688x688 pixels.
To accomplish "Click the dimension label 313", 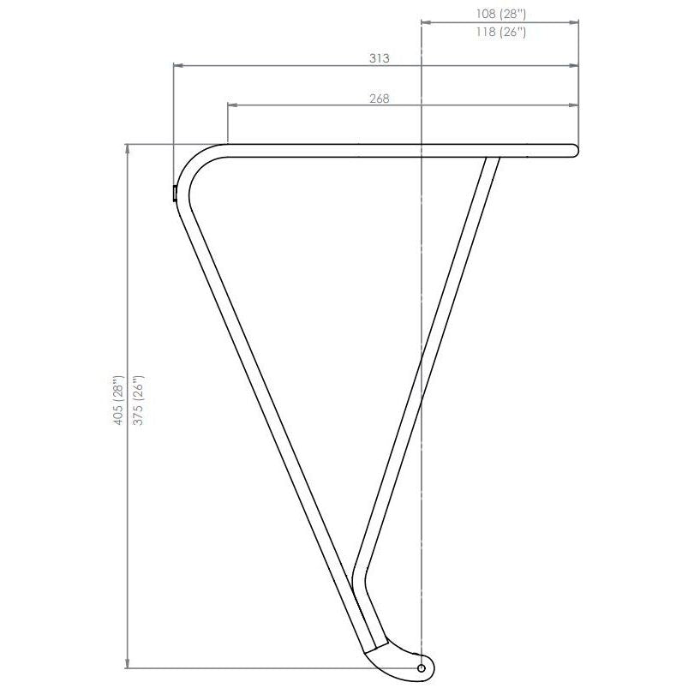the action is (x=379, y=58).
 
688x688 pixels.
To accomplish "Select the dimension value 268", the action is (x=379, y=99).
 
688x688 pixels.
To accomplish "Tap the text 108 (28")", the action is (x=500, y=14).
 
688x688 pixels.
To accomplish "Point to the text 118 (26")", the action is (x=500, y=32).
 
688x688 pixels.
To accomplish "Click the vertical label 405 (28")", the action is (x=118, y=400).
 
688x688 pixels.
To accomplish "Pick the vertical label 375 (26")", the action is (x=138, y=400).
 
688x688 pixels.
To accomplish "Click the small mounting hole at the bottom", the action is (x=422, y=667).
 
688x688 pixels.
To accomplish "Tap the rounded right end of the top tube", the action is (x=574, y=150).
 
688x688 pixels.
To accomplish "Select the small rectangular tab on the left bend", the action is (x=175, y=193).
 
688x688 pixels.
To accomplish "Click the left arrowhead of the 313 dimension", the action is (x=178, y=66).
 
